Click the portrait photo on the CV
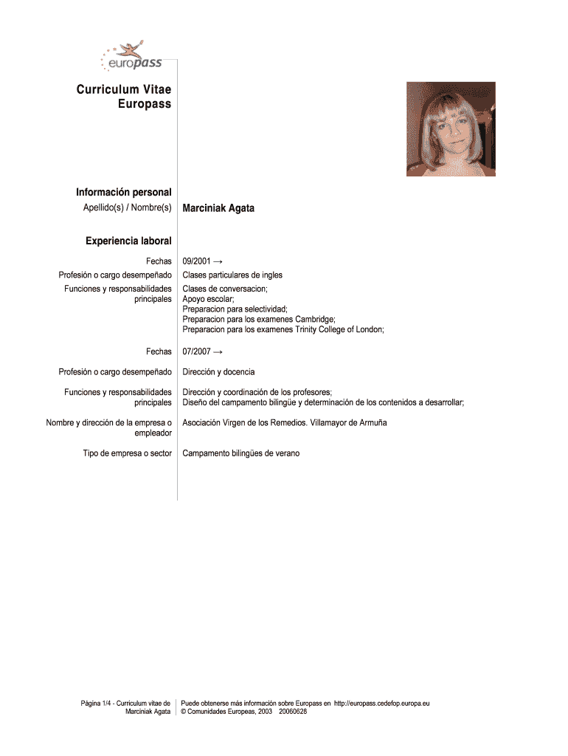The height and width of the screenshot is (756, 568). pyautogui.click(x=451, y=129)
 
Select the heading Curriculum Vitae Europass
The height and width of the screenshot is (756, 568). pyautogui.click(x=124, y=97)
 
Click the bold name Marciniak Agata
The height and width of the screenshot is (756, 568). pyautogui.click(x=218, y=208)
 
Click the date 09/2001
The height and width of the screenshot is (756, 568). pyautogui.click(x=197, y=261)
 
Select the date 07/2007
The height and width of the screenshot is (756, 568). pyautogui.click(x=197, y=351)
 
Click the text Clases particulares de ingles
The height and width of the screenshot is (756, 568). pyautogui.click(x=232, y=275)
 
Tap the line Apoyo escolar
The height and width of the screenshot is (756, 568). pyautogui.click(x=208, y=299)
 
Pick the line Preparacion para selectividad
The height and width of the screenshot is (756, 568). pyautogui.click(x=235, y=309)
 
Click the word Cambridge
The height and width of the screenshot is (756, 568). pyautogui.click(x=315, y=320)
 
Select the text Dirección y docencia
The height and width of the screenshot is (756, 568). pyautogui.click(x=218, y=371)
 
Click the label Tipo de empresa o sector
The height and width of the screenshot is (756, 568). pyautogui.click(x=127, y=453)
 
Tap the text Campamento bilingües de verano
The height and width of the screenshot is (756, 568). pyautogui.click(x=241, y=453)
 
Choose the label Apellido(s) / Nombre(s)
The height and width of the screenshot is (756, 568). pyautogui.click(x=127, y=208)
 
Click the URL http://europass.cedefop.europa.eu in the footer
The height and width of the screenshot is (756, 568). pyautogui.click(x=381, y=703)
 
